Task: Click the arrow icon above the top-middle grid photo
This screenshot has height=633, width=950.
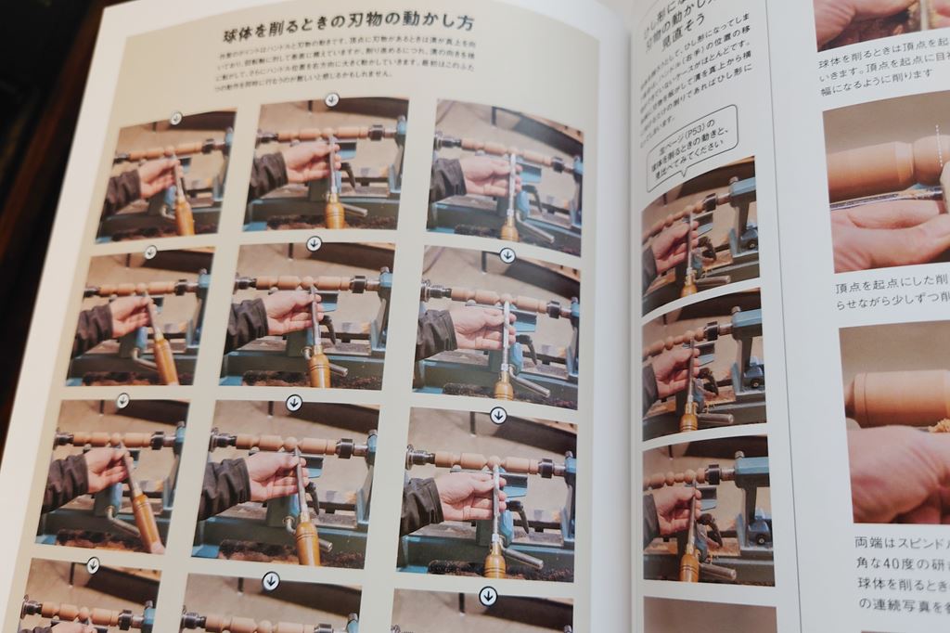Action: click(332, 99)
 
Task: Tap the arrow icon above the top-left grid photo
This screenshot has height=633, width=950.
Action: click(175, 118)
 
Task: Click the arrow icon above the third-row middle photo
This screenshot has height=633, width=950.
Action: click(294, 403)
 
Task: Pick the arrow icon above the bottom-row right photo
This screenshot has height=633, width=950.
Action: click(486, 595)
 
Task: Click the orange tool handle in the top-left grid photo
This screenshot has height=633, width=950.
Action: click(183, 213)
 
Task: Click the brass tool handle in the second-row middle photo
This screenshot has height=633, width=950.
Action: click(319, 367)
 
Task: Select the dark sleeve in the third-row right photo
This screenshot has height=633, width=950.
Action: click(422, 504)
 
